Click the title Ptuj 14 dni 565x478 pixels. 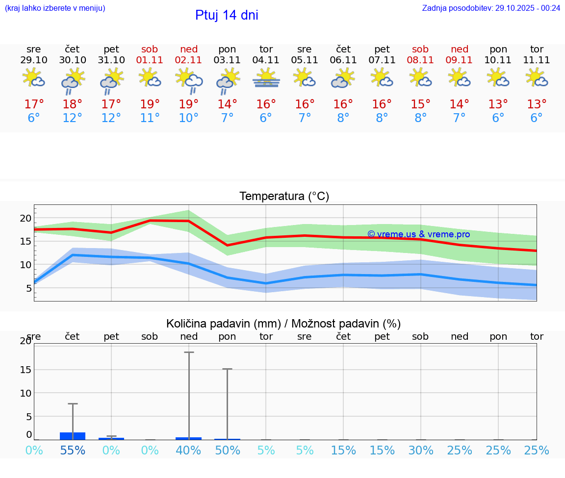tap(227, 15)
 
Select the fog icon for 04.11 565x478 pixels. tap(266, 78)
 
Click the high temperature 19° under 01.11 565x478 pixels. tap(150, 104)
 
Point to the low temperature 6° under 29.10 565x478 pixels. tap(34, 118)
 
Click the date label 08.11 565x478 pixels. tap(420, 60)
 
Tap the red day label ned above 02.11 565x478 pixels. tap(189, 49)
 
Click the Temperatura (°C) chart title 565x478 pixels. tap(284, 197)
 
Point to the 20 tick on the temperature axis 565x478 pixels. tap(26, 218)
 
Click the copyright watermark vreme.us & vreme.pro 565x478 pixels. tap(418, 234)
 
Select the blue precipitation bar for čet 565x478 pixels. tap(73, 436)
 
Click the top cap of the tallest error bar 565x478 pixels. tap(189, 352)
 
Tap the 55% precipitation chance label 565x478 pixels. tap(73, 451)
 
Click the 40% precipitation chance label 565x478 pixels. tap(189, 451)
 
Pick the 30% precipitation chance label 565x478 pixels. tap(420, 451)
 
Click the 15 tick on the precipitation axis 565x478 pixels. tap(26, 369)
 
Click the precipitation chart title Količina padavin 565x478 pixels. tap(283, 324)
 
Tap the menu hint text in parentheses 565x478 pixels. tap(55, 8)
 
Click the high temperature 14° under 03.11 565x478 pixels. tap(227, 104)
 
